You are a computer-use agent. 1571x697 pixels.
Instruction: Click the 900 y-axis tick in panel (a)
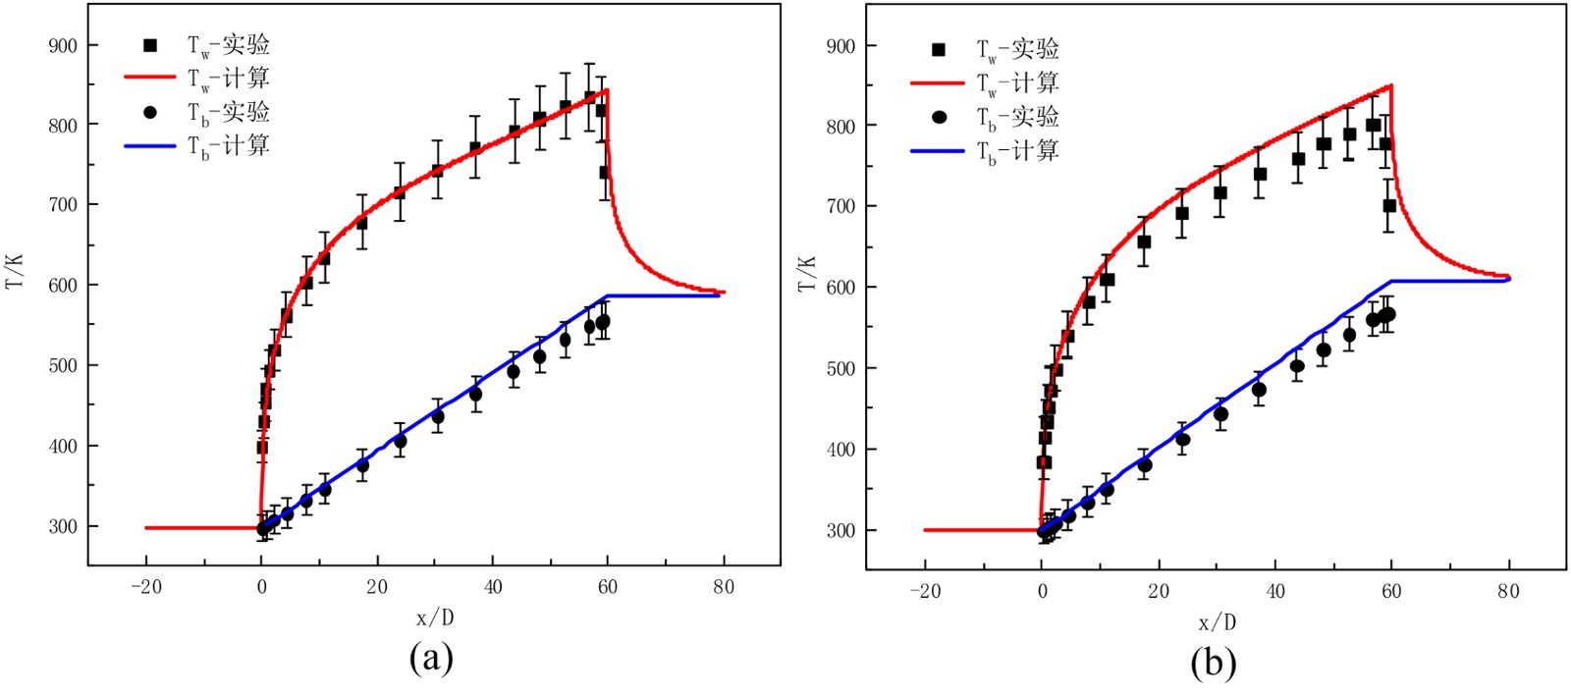tap(63, 45)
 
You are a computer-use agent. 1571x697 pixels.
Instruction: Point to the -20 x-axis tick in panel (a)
tap(145, 587)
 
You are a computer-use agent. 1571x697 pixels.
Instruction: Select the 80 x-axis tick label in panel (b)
tap(1508, 591)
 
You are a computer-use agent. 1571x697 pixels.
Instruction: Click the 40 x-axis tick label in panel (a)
tap(493, 587)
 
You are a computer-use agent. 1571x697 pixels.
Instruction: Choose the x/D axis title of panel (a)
tap(435, 617)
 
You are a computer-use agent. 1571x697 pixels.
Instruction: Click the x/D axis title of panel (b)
tap(1216, 621)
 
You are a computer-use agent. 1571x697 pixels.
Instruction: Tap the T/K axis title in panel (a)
tap(15, 270)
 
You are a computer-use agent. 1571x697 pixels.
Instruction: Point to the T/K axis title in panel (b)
tap(807, 274)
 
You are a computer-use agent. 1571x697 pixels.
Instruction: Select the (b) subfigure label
tap(1213, 663)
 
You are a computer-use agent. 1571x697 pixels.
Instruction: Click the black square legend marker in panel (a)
tap(150, 45)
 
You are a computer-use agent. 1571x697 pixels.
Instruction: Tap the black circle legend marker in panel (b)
tap(939, 117)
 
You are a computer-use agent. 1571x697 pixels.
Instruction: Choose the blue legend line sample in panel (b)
tap(938, 151)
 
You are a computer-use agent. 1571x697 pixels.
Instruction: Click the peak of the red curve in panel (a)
tap(608, 90)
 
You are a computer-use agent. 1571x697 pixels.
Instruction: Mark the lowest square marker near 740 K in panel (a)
tap(606, 173)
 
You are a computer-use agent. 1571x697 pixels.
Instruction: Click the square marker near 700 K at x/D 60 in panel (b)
tap(1389, 206)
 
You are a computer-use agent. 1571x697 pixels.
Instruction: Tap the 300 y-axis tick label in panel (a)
tap(63, 526)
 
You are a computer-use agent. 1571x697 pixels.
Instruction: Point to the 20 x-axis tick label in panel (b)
tap(1159, 591)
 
